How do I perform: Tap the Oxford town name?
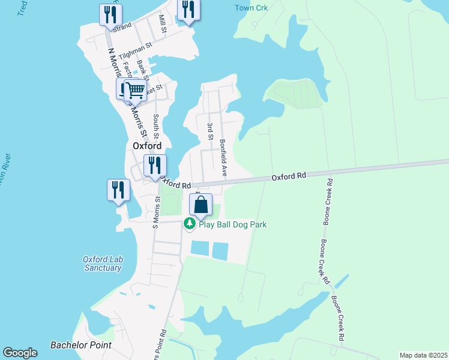coord(146,146)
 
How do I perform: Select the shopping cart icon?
coord(136,91)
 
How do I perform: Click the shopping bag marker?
coord(201,205)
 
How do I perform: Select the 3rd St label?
coord(210,131)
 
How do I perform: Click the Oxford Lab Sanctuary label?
coord(102,263)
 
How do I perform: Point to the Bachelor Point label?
coord(81,345)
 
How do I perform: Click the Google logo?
coord(20,353)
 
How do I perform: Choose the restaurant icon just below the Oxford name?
coord(155,165)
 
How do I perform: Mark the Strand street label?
coord(122,26)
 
